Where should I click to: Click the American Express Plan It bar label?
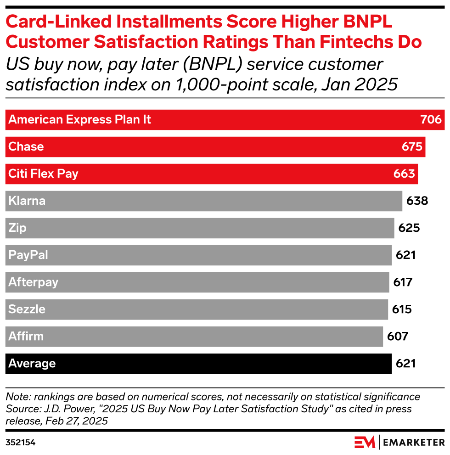(80, 120)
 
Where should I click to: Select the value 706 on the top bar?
(431, 120)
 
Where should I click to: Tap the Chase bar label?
(26, 147)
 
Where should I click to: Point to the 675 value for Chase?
(411, 147)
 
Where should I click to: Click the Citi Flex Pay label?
(44, 174)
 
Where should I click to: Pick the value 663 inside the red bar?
(404, 174)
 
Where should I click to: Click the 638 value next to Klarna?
(417, 201)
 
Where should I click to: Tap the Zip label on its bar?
(17, 228)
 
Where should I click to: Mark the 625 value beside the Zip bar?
(409, 228)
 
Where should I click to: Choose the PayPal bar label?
(28, 255)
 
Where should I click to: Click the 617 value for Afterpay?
(403, 282)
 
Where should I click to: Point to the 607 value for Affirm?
(398, 337)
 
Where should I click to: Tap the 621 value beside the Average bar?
(405, 364)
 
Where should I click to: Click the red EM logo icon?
(365, 442)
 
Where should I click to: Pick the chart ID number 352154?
(21, 443)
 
